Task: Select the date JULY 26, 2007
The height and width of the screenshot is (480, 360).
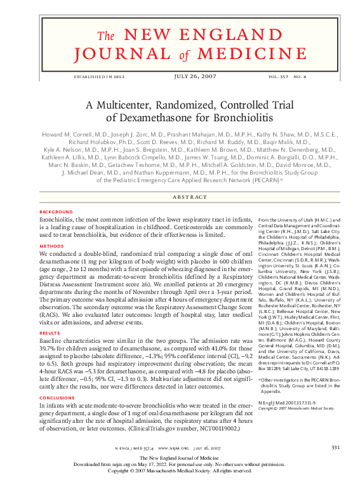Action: coord(180,76)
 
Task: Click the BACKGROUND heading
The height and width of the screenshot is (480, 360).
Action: coord(56,211)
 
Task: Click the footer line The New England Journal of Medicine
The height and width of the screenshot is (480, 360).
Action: coord(180,458)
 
